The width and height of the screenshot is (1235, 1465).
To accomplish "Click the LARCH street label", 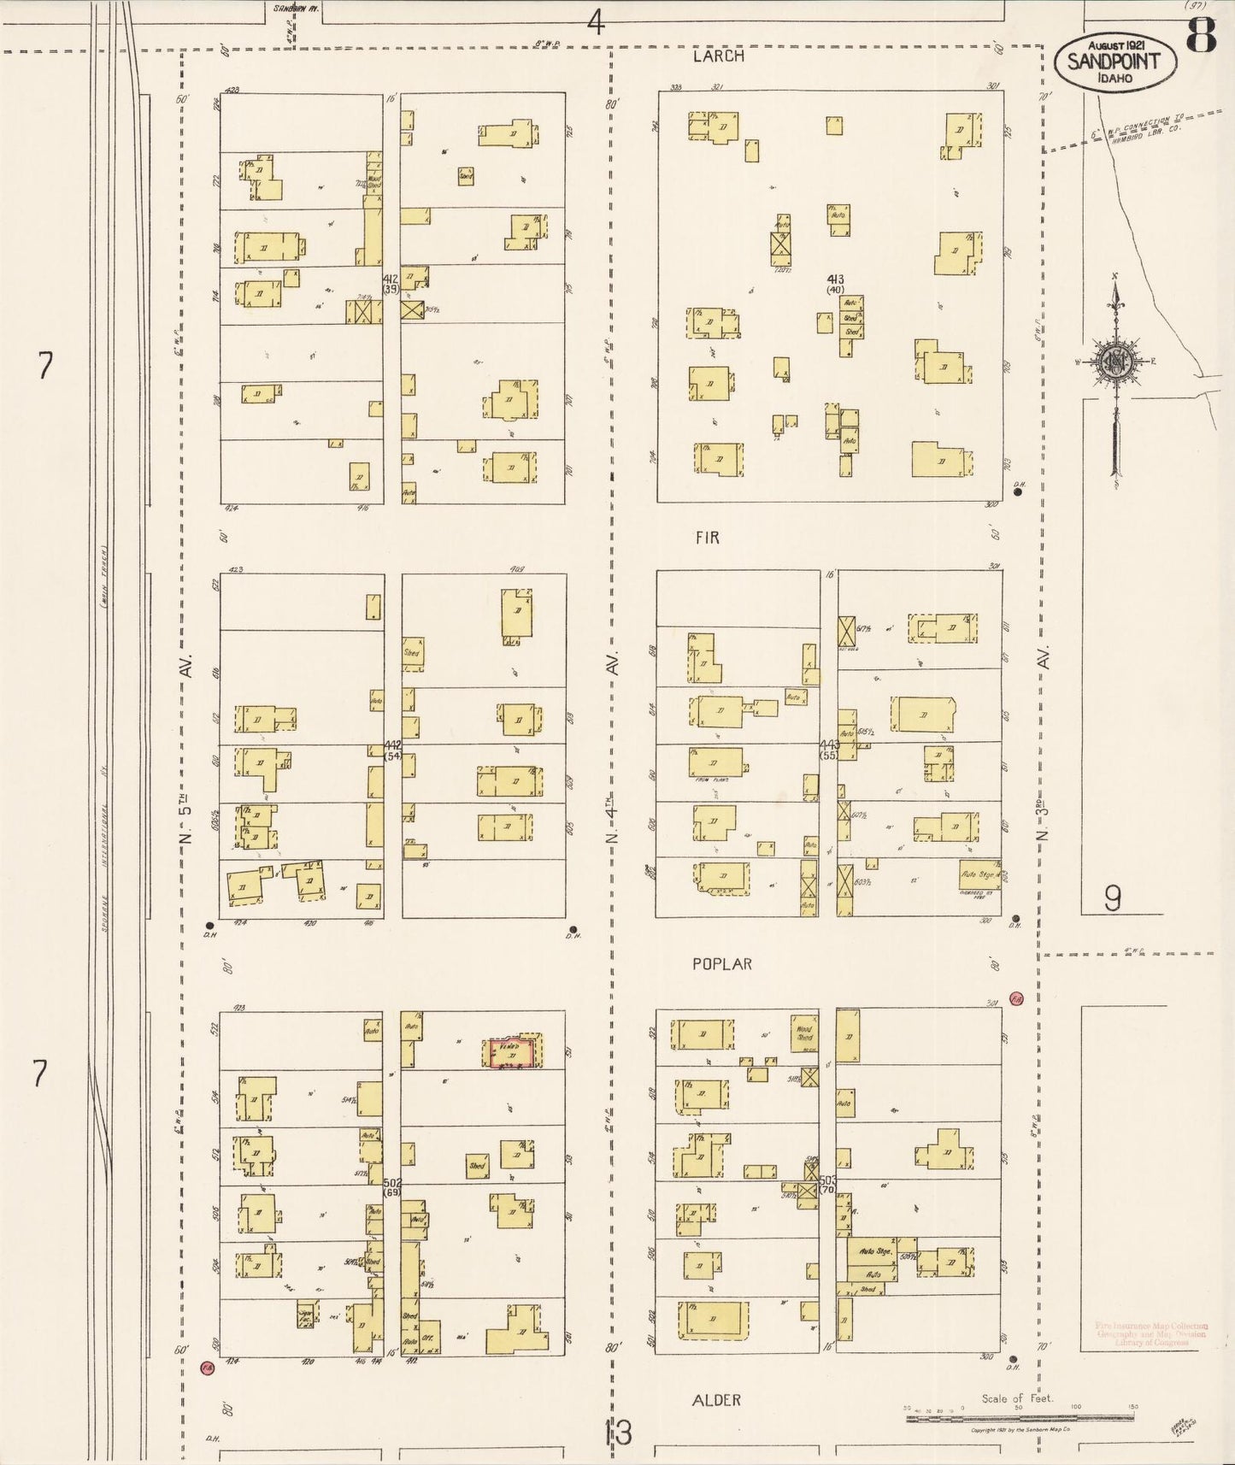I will point(718,56).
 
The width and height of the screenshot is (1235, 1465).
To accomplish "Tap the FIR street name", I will point(707,538).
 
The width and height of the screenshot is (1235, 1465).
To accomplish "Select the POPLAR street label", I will point(722,964).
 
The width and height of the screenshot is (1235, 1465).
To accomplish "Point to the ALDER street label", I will point(716,1399).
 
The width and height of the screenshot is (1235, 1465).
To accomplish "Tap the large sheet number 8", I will point(1201,36).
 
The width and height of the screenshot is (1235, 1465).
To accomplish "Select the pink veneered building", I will point(513,1052).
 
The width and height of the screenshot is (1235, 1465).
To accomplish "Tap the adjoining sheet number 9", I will point(1112,897).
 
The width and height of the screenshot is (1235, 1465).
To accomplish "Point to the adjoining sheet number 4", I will point(596,22).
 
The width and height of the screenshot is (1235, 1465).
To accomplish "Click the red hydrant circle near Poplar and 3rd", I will point(1016,998).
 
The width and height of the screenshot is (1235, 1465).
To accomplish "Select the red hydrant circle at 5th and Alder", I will point(206,1368).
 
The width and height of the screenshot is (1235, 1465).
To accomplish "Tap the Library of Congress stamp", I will point(1151,1333).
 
